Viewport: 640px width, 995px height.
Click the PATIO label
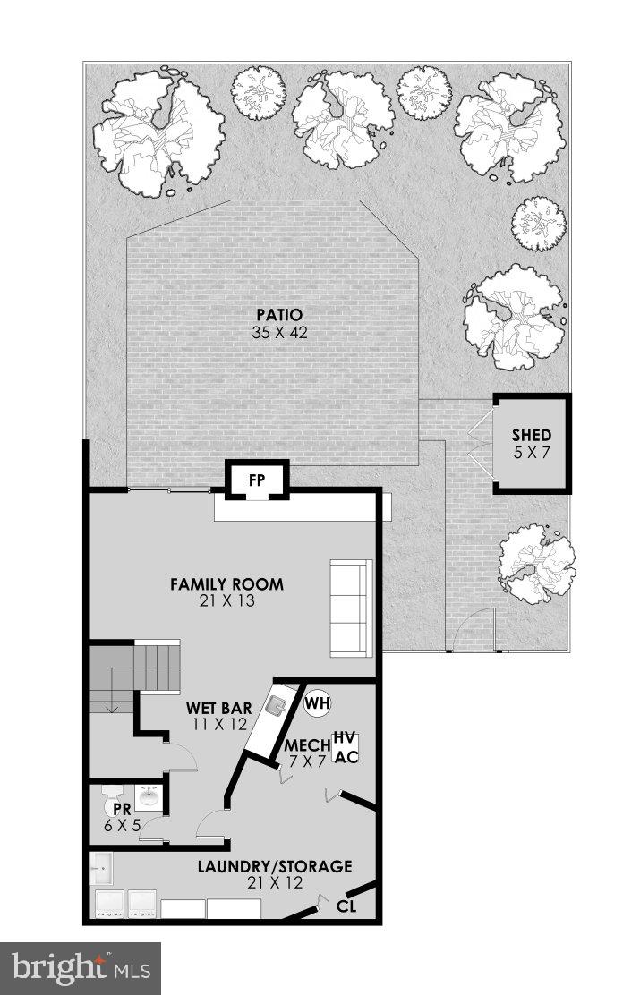277,315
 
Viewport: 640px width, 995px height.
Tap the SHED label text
531,436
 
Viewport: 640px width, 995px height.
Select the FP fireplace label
257,480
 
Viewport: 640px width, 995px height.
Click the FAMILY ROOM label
227,584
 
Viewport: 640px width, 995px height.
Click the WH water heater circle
317,702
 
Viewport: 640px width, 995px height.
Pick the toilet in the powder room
112,795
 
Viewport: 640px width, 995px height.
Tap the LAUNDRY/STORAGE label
275,866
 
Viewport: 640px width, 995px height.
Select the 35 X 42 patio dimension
277,332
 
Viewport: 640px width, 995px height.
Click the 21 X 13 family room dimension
227,601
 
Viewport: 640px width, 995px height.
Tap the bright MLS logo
81,967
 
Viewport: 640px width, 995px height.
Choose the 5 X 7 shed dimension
531,452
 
